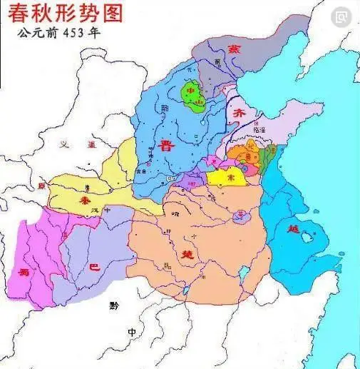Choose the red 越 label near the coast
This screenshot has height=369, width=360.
click(294, 230)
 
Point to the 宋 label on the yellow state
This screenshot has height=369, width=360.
click(230, 176)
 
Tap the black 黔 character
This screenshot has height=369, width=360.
click(115, 305)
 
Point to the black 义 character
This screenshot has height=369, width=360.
click(63, 145)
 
